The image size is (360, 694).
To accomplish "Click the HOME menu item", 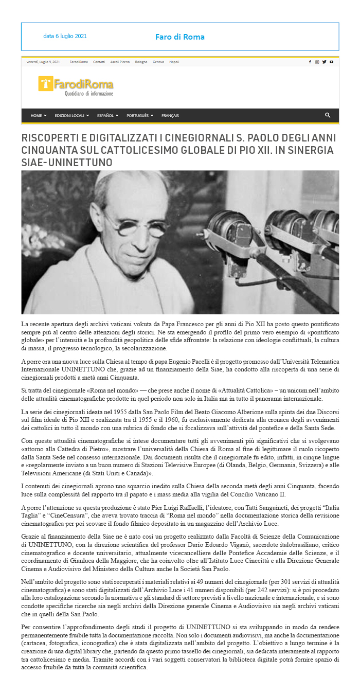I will [x=38, y=116].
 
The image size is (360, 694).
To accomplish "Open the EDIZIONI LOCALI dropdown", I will [x=71, y=116].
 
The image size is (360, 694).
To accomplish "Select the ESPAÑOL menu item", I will [x=107, y=116].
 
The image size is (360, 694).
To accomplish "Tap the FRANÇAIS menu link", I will [x=170, y=116].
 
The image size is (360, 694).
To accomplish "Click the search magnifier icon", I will [x=328, y=115].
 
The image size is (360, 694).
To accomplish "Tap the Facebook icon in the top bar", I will [x=310, y=62].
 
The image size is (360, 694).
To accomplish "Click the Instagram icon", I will [x=317, y=62].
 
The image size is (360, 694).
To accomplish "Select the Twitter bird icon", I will [x=325, y=62].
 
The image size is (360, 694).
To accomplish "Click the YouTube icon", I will [x=332, y=62].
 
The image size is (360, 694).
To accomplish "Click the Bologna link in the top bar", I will [x=141, y=62].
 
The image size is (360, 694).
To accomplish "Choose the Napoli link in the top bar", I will [x=174, y=62].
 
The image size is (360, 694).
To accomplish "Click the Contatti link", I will [x=99, y=62].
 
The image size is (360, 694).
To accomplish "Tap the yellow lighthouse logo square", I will [x=46, y=84].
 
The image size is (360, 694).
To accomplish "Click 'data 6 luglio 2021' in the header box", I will [x=65, y=37].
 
